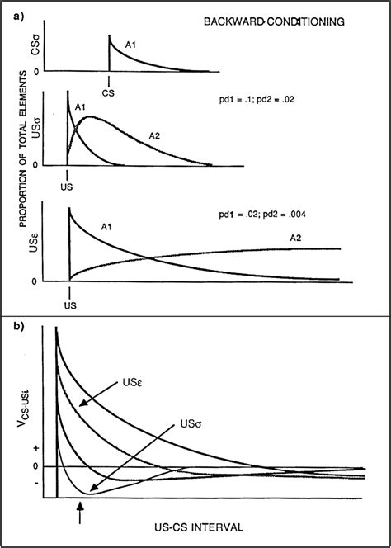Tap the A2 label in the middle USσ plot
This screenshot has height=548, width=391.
155,134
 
